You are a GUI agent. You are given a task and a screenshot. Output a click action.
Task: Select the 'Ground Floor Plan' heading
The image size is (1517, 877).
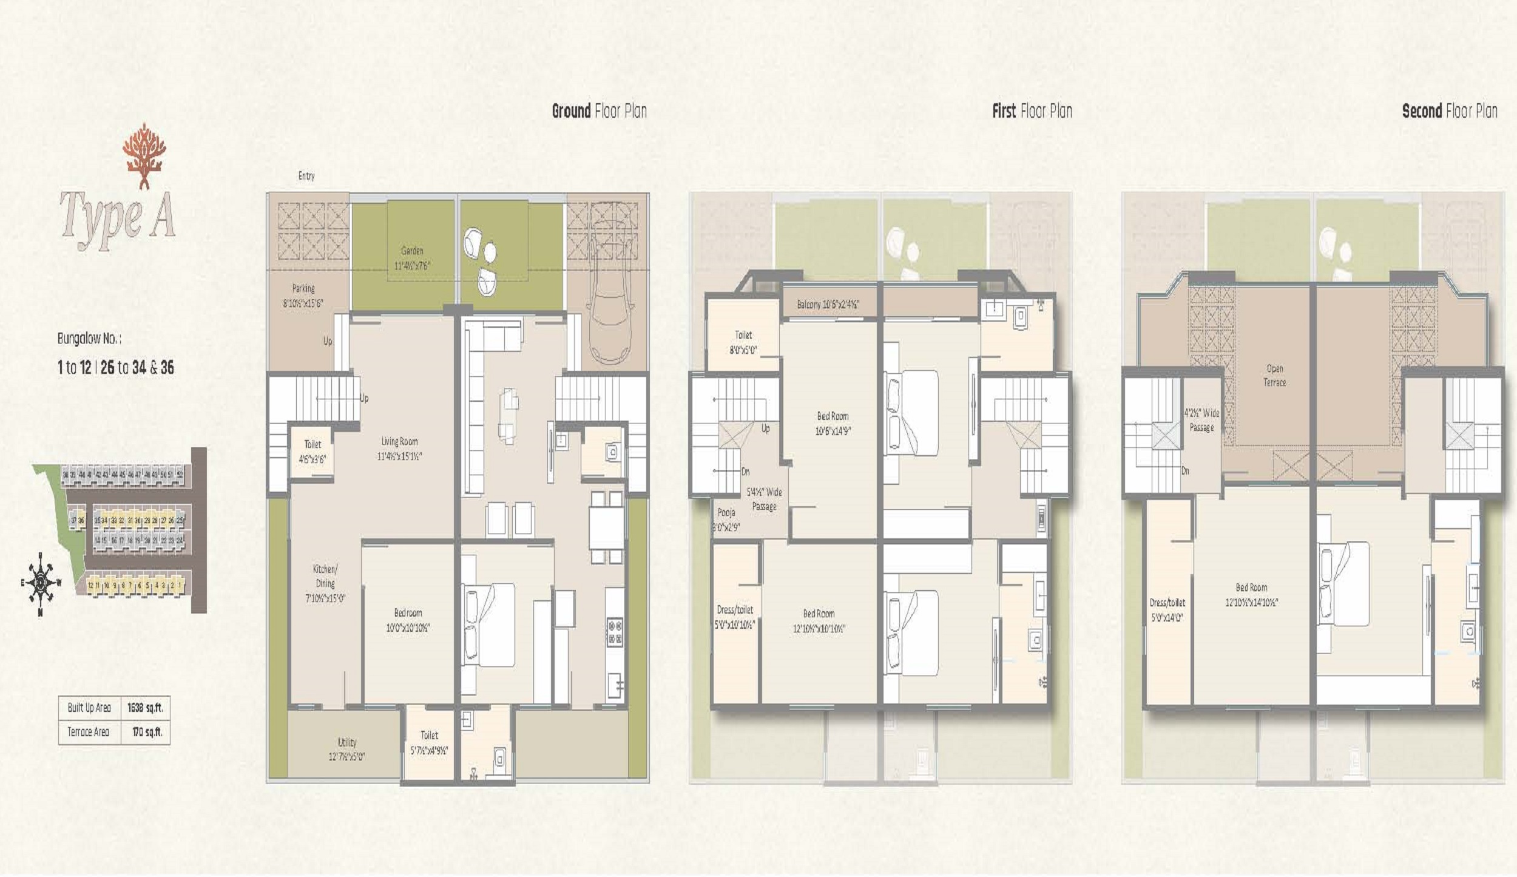599,111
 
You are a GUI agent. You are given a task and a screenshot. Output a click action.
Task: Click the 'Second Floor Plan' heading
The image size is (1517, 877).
1449,111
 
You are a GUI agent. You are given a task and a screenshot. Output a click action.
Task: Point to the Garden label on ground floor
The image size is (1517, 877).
412,258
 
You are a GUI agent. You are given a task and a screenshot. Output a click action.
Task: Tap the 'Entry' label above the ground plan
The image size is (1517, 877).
306,176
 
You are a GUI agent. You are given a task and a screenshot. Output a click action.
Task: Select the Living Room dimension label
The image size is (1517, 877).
399,449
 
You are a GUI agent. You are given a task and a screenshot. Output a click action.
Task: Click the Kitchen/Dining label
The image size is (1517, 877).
325,583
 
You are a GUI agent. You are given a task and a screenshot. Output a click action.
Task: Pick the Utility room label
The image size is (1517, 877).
346,749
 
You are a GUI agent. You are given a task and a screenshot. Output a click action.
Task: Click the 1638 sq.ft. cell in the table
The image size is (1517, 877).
145,708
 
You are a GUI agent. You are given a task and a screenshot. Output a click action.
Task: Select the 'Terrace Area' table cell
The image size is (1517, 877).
89,732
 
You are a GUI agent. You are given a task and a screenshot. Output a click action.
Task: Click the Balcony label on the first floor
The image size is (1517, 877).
828,305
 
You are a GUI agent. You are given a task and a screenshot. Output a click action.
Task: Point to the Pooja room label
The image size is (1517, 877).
726,520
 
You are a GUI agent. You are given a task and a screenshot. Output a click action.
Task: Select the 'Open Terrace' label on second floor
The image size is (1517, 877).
1274,375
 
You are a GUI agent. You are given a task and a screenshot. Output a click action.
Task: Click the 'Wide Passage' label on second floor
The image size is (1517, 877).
1201,420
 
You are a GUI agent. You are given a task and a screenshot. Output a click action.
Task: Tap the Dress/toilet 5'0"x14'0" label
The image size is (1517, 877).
1167,610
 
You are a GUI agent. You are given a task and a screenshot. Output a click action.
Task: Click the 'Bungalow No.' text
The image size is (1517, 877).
89,339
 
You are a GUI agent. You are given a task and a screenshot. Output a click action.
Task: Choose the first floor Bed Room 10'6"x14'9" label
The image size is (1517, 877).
832,424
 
